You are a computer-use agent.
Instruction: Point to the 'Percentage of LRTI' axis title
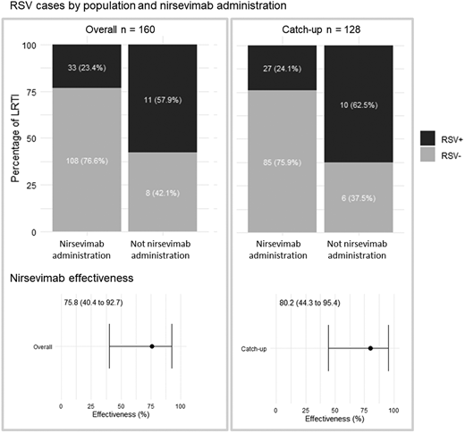[16, 138]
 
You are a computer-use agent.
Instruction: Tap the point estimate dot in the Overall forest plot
[152, 346]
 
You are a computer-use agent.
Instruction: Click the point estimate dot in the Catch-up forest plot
[370, 347]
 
